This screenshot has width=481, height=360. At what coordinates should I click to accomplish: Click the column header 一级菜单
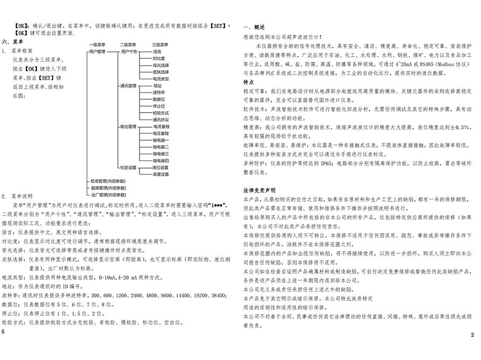click(97, 45)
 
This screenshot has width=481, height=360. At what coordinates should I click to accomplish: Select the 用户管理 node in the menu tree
click(97, 52)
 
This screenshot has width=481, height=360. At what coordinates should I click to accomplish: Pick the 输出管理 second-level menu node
click(129, 127)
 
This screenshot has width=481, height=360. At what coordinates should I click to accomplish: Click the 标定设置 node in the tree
click(129, 168)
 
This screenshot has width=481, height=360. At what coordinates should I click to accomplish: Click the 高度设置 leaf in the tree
click(161, 175)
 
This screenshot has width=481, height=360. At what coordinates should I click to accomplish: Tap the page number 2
click(472, 335)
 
